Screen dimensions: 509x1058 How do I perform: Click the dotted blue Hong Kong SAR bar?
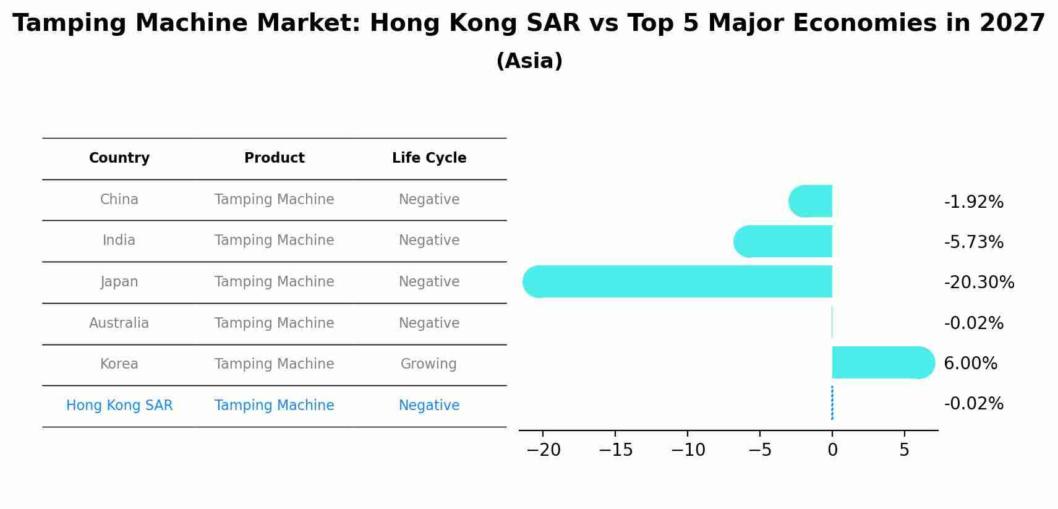832,403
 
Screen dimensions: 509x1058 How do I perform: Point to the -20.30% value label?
979,283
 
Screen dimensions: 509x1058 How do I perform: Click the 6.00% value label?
970,364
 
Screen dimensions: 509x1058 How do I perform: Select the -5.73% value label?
973,242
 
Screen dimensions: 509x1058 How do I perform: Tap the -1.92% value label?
973,202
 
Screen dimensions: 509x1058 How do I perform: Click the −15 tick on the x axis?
615,450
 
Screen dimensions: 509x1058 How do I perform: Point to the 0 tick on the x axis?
832,450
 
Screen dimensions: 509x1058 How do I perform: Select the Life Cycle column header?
429,158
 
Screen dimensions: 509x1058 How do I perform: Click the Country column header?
119,158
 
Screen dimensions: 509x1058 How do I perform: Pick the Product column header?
274,158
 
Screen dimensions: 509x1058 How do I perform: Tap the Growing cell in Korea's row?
429,364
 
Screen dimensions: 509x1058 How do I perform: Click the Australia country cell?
119,323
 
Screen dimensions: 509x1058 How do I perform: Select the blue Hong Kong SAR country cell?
119,406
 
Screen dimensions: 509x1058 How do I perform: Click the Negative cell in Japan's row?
429,282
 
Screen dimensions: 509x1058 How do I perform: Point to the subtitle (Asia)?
529,61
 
